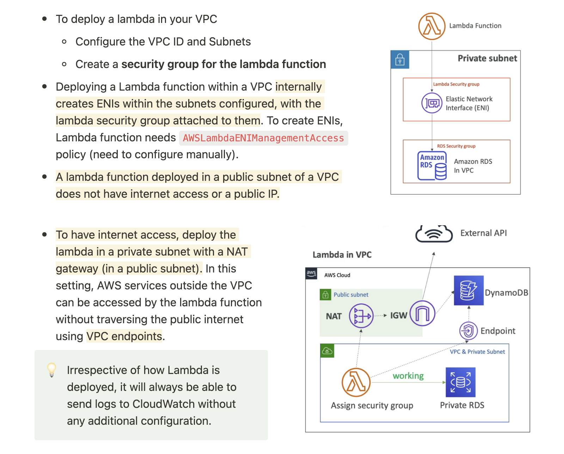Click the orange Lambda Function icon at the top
point(432,26)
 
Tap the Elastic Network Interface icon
point(432,103)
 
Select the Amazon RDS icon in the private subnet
point(432,166)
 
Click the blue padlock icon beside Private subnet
point(400,60)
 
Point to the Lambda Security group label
point(456,84)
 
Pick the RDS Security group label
point(456,146)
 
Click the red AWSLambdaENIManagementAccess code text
point(263,138)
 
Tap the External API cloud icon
point(434,234)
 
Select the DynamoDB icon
point(468,290)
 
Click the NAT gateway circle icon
point(361,316)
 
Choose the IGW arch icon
point(422,313)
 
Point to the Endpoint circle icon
point(468,331)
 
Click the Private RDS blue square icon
point(460,382)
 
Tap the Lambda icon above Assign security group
point(356,382)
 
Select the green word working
point(408,376)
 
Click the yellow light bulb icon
point(52,370)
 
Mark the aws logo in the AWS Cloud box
point(311,274)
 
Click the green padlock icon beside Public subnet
point(325,295)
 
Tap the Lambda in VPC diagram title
point(342,255)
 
